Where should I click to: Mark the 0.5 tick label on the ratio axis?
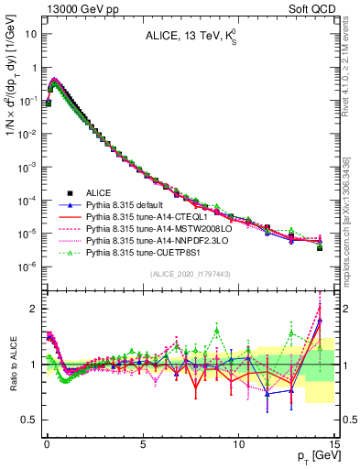(29, 420)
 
